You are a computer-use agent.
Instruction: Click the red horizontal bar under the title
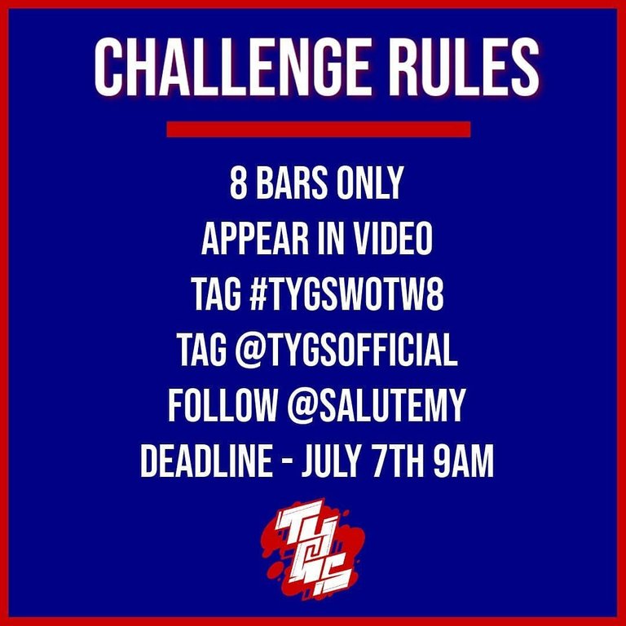[x=319, y=130]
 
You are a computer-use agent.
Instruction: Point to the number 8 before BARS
[x=238, y=183]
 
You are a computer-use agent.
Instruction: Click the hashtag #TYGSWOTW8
[x=346, y=294]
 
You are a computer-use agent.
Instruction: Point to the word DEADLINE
[x=206, y=461]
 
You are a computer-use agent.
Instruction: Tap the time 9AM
[x=464, y=461]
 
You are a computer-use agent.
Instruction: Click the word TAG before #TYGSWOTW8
[x=215, y=294]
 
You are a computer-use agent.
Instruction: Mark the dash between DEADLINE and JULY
[x=287, y=463]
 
